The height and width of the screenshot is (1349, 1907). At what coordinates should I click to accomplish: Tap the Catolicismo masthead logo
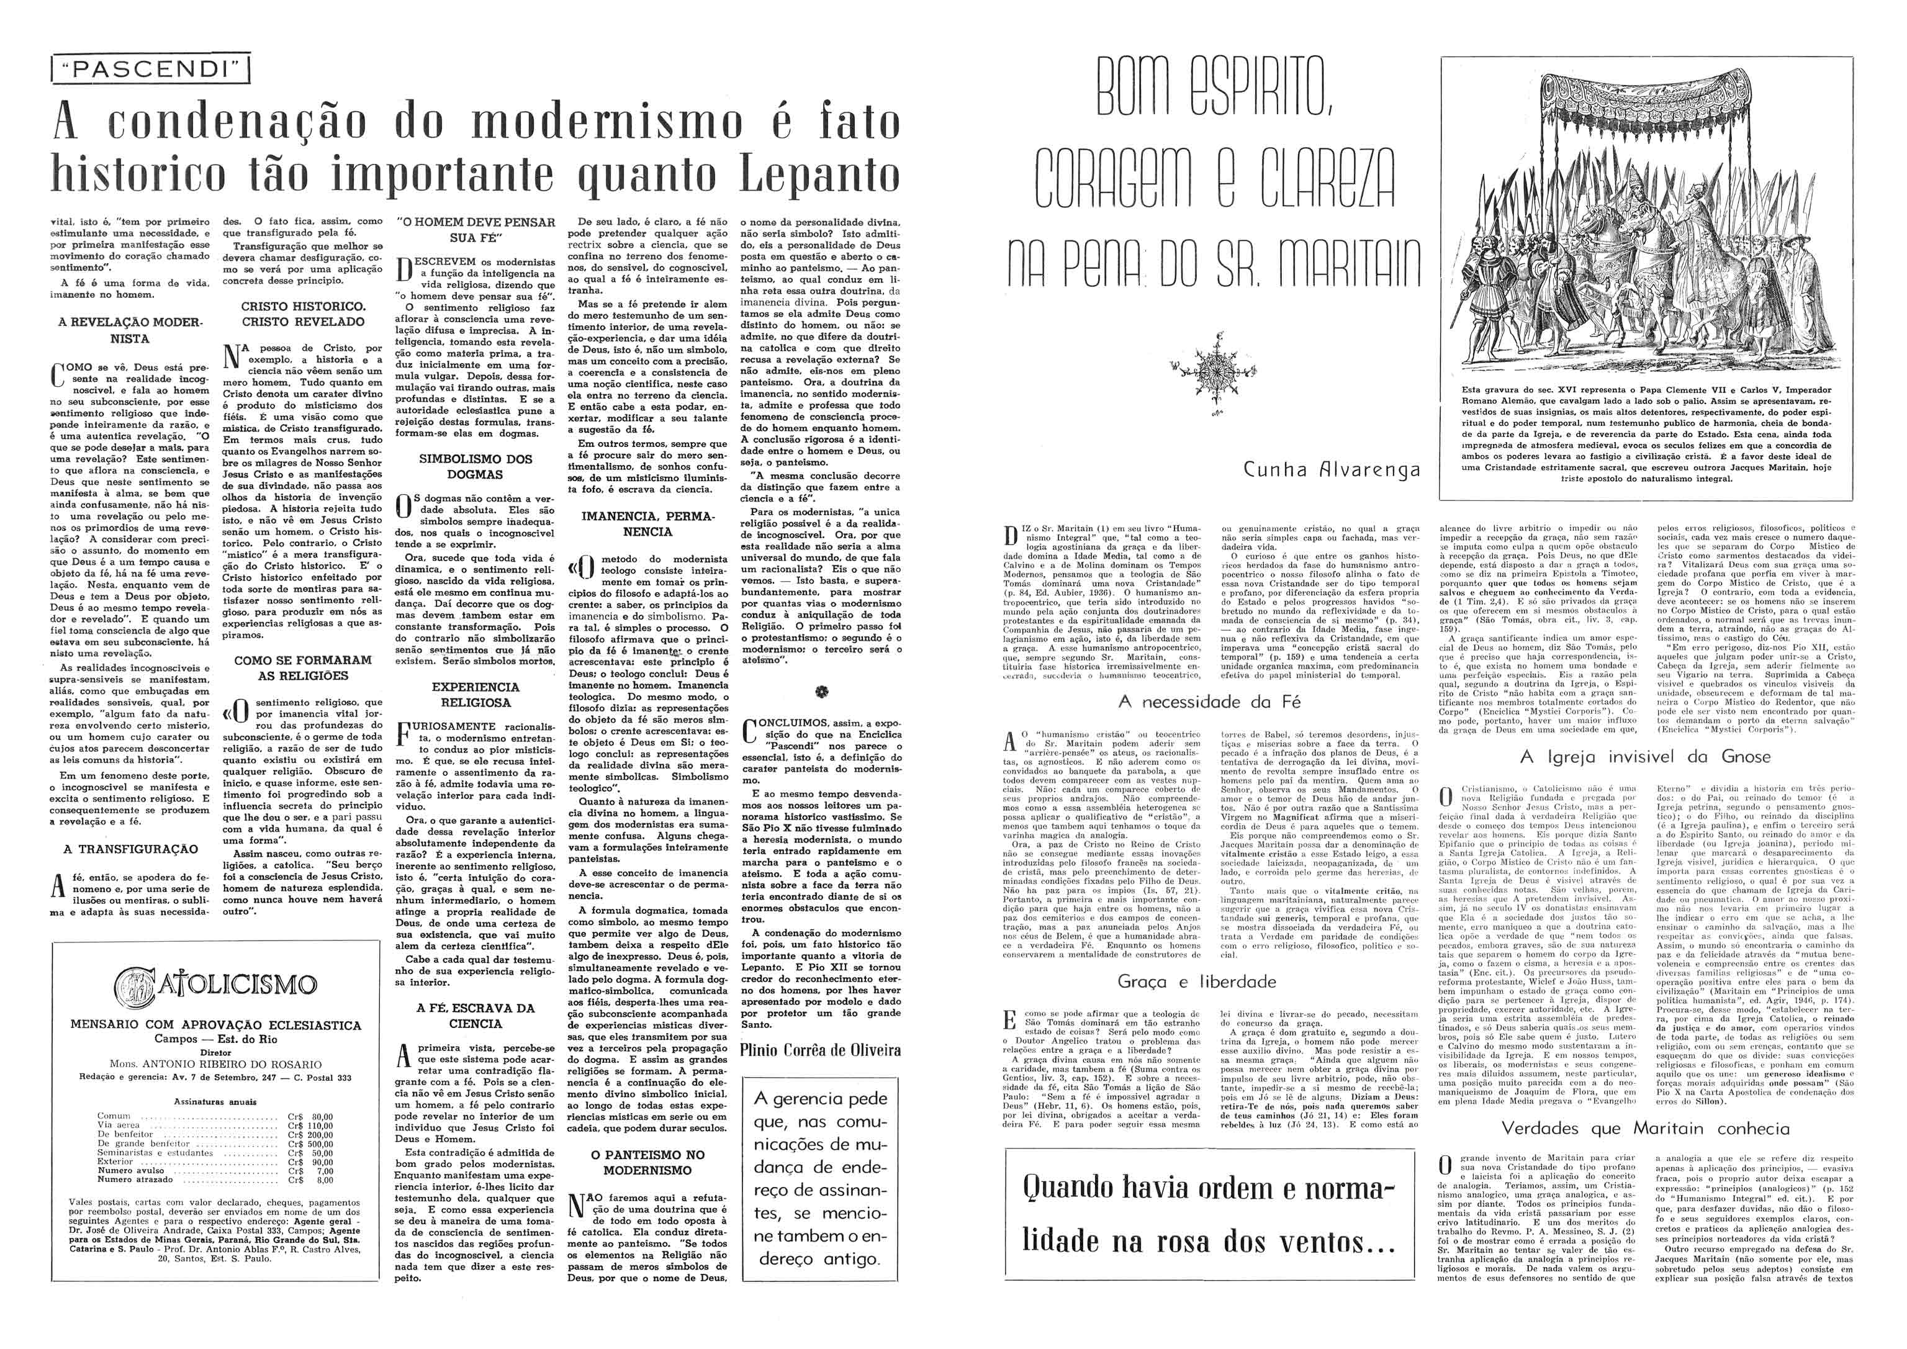[x=215, y=986]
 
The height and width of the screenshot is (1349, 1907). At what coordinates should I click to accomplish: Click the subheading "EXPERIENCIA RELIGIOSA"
[x=475, y=695]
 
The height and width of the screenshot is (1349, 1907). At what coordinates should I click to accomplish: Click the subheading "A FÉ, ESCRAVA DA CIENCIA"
[x=475, y=1016]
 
